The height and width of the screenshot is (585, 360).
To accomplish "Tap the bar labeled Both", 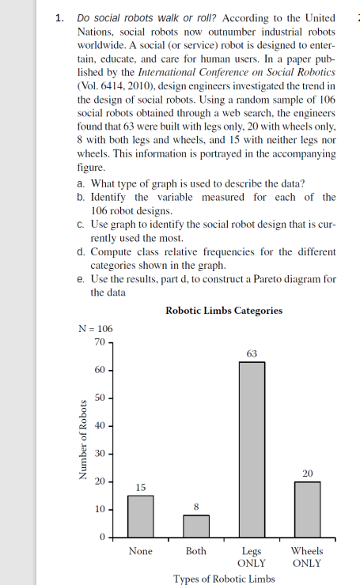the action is coord(196,526).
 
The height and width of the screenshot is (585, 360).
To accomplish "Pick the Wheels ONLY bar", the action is coord(307,509).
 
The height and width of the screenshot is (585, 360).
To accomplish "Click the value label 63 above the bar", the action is coord(252,353).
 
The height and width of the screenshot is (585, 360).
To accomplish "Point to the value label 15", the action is coord(140,487).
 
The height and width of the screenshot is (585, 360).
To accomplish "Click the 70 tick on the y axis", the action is coord(99,342).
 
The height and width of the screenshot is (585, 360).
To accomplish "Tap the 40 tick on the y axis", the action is coord(99,425).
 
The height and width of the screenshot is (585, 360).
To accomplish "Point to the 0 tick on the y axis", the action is coord(102,538).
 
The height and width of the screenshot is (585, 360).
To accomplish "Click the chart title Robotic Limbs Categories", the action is coord(224,311).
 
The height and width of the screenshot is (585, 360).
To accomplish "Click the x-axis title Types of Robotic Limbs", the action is coord(224,578).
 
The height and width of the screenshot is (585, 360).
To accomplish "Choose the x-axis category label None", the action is coord(141,550).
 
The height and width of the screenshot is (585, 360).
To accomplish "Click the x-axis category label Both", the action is coord(196,550).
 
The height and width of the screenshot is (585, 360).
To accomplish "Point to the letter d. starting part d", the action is coord(82,251).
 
